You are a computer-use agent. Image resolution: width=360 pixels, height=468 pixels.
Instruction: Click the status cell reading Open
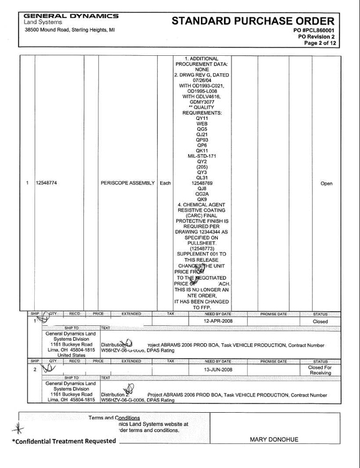coord(326,184)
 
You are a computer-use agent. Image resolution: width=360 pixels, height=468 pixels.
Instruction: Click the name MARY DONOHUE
coord(274,439)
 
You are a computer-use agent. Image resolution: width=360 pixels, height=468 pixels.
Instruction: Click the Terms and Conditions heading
coord(114,418)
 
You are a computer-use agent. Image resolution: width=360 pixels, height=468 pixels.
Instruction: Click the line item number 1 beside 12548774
coord(28,183)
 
